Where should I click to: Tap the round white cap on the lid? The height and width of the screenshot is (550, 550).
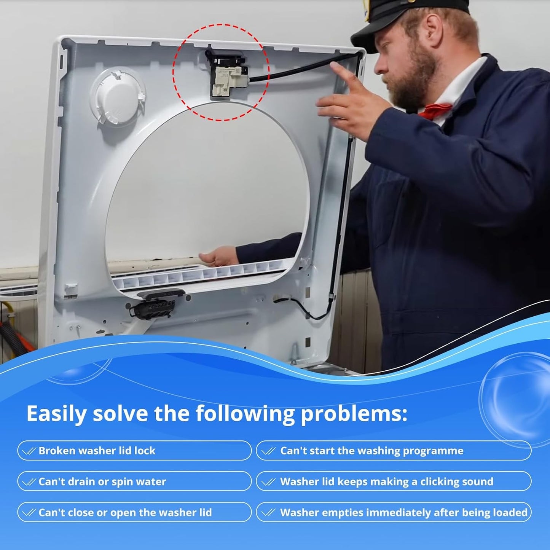[x=118, y=97]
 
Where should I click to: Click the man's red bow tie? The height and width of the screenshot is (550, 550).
[x=435, y=110]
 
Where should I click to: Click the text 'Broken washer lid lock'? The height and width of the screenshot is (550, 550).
[x=97, y=451]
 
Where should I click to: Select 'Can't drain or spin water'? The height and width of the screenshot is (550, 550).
[x=102, y=481]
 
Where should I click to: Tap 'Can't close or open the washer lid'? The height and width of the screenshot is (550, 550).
[x=125, y=512]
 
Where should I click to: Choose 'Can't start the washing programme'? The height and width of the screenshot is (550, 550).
[x=372, y=451]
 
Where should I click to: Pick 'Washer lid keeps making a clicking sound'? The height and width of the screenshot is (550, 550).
[x=387, y=481]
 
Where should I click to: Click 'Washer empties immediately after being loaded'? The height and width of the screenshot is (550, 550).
[x=404, y=512]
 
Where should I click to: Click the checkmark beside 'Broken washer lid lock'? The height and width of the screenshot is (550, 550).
[x=29, y=451]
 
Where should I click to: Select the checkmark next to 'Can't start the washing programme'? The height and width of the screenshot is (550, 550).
[x=268, y=451]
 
